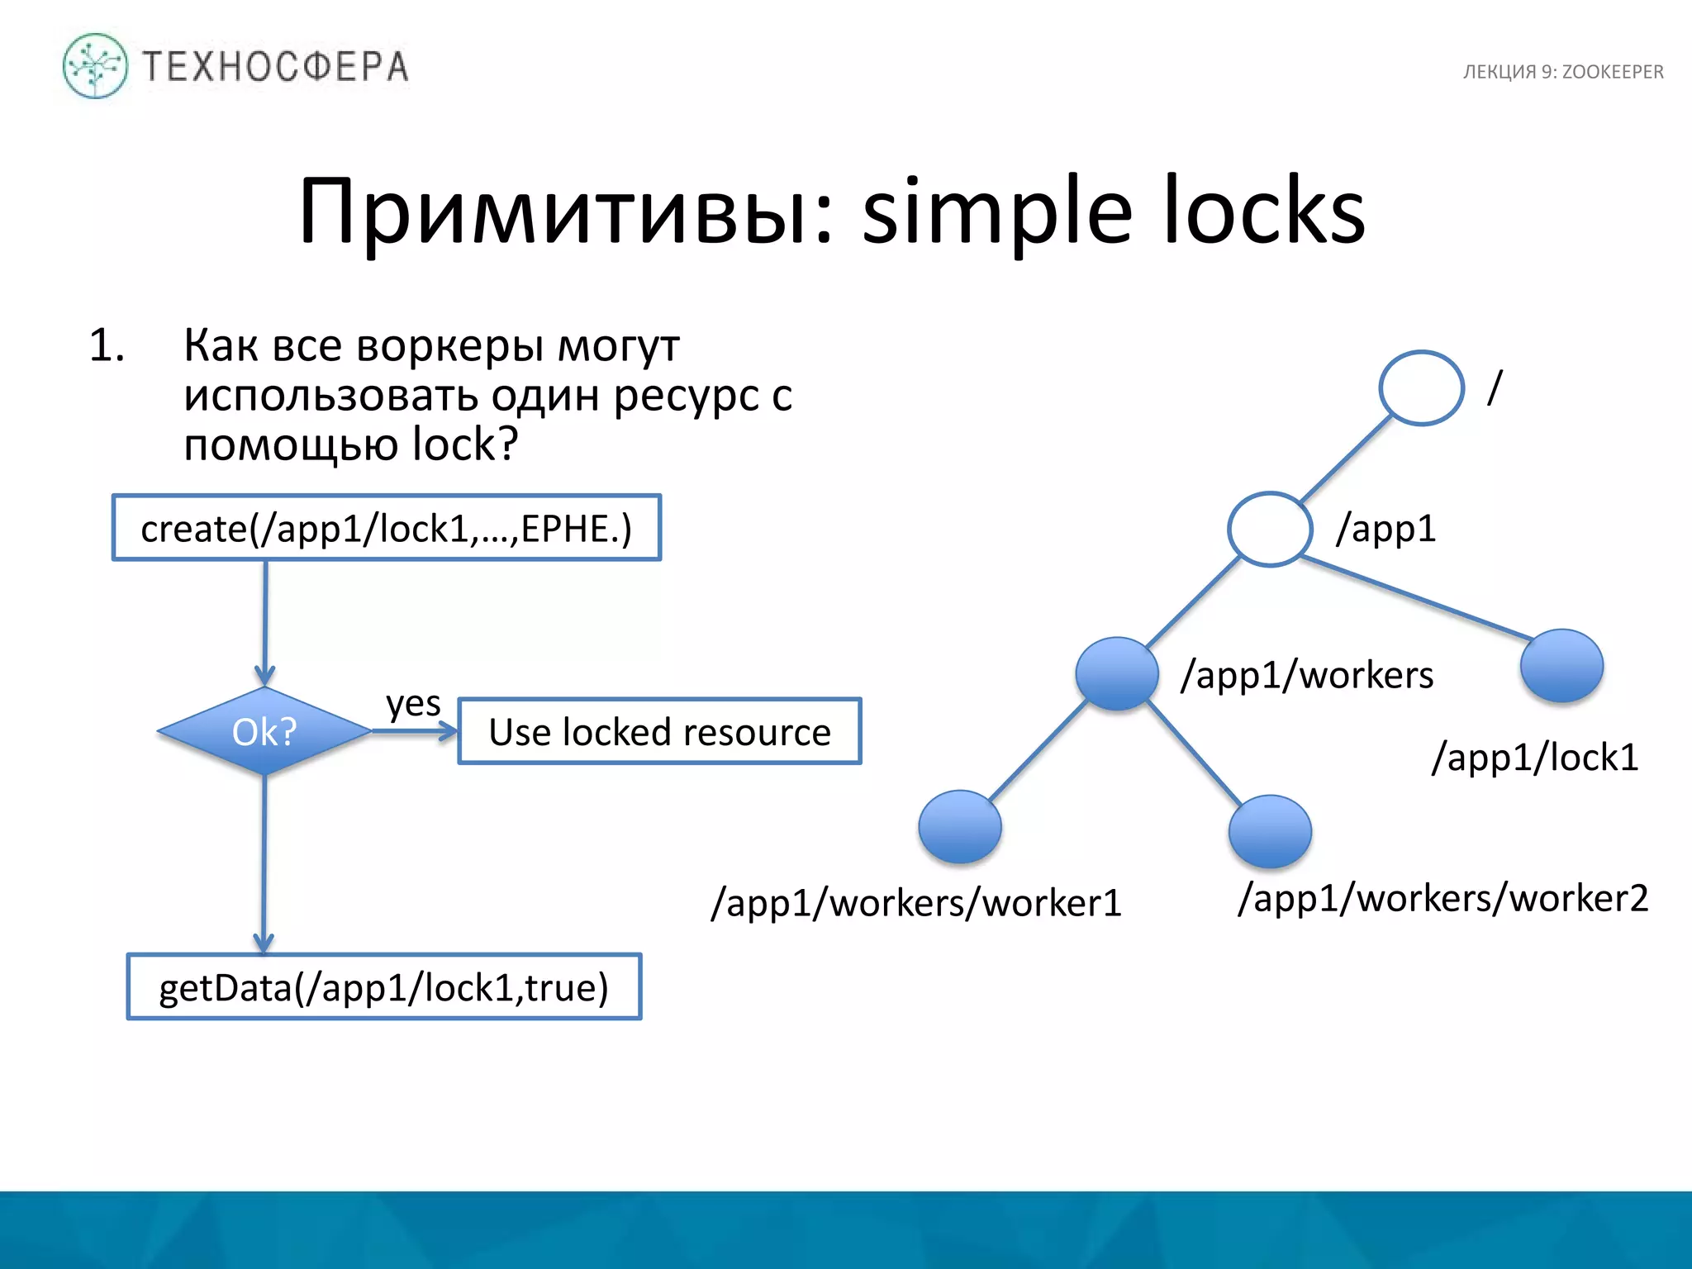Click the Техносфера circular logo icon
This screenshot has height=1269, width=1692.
click(x=95, y=66)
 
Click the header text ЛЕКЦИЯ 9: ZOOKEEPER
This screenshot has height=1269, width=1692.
click(x=1562, y=72)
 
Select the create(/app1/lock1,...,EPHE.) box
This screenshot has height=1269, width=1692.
click(x=386, y=528)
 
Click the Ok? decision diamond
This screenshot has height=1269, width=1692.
click(x=264, y=731)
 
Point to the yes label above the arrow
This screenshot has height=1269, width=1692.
click(x=413, y=703)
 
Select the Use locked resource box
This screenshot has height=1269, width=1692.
click(x=659, y=732)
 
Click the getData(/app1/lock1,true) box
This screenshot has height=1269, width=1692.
click(x=384, y=987)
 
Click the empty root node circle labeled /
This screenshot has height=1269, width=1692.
click(x=1421, y=388)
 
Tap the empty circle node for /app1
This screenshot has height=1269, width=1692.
click(x=1270, y=529)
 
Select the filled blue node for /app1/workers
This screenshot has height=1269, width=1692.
click(x=1117, y=673)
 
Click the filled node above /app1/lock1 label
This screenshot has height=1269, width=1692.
click(x=1561, y=666)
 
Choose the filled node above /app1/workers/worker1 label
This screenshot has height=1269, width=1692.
click(x=960, y=826)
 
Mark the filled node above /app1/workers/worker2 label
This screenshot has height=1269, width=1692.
click(x=1270, y=831)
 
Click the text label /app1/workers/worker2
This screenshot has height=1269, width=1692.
click(x=1442, y=898)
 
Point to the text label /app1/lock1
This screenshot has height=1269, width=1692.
click(x=1535, y=757)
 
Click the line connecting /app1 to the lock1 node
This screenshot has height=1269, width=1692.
click(x=1417, y=599)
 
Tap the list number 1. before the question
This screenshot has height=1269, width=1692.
click(x=107, y=345)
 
